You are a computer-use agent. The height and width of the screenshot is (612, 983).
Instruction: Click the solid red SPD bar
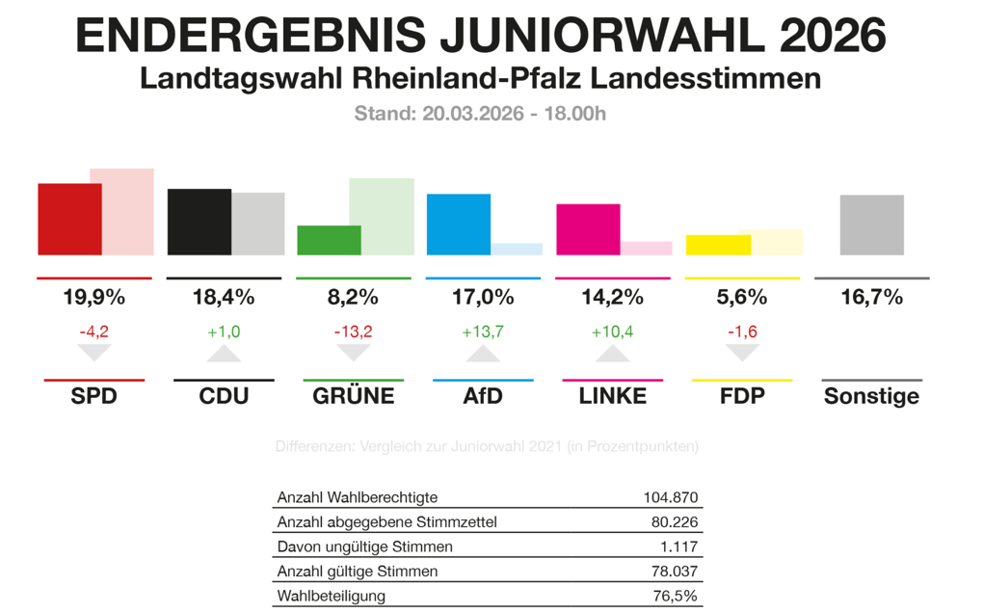[69, 219]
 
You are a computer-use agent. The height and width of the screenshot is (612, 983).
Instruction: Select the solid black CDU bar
[199, 222]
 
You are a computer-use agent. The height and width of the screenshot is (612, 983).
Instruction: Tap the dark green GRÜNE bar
[329, 240]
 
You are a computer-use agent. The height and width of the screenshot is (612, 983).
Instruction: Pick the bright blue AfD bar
[459, 225]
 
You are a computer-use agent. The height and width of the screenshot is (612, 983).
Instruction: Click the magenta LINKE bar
[588, 229]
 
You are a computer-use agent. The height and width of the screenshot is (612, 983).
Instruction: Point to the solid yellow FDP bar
[718, 245]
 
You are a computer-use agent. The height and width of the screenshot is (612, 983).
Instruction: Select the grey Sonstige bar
[872, 225]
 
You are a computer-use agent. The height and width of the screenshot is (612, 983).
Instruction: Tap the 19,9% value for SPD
[93, 297]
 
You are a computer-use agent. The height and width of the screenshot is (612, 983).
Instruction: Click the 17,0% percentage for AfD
[483, 297]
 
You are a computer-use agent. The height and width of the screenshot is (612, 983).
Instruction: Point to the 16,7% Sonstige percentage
[871, 297]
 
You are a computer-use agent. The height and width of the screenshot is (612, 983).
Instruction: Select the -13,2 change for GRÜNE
[353, 333]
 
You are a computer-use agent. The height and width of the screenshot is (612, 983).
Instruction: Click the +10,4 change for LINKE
[612, 333]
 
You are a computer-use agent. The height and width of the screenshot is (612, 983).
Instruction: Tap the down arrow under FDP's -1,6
[742, 353]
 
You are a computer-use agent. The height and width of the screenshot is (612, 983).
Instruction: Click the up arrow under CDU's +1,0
[224, 354]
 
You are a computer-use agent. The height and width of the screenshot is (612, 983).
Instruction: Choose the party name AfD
[483, 396]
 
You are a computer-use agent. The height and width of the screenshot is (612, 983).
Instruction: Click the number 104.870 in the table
[670, 498]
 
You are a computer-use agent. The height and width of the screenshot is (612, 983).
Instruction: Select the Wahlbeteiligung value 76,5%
[675, 596]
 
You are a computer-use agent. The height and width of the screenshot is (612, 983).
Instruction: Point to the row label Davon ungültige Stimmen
[351, 546]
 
